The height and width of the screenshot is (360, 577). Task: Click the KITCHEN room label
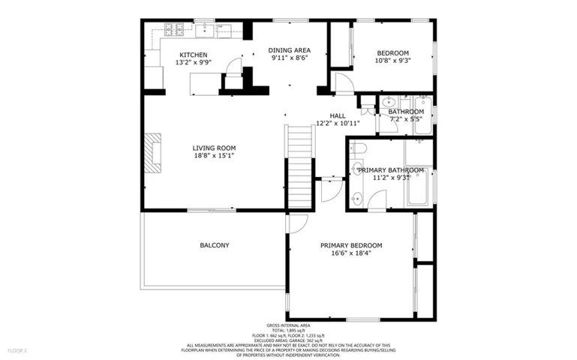click(x=193, y=55)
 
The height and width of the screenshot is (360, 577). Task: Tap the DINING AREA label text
click(x=290, y=50)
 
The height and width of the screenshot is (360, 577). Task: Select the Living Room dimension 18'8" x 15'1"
click(x=214, y=156)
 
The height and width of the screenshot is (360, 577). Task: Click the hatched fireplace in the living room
click(x=155, y=153)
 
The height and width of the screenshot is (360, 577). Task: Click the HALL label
click(x=338, y=115)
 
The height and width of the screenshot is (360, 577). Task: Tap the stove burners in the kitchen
click(x=175, y=30)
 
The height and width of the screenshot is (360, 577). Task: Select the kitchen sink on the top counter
click(x=205, y=30)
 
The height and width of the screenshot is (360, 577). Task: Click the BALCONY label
click(x=214, y=245)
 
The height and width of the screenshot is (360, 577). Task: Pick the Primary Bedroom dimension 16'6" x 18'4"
click(x=351, y=253)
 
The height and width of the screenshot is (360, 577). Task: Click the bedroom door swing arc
click(x=342, y=82)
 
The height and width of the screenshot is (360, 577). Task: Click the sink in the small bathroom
click(x=388, y=103)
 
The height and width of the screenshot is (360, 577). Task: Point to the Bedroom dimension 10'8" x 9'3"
click(x=392, y=61)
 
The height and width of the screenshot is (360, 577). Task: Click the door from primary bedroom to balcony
click(x=295, y=224)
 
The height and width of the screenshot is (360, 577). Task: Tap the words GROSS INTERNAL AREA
click(x=288, y=325)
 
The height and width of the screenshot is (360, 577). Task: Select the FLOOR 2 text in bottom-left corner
click(x=17, y=350)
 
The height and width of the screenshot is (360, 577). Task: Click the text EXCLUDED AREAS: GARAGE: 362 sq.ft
click(x=288, y=340)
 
